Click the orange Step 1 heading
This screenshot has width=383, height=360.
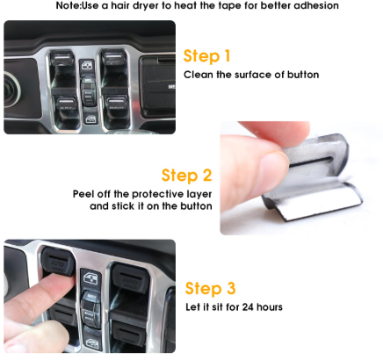pos(206,56)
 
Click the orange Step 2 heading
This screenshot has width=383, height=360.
pos(186,175)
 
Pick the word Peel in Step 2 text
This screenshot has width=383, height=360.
pos(84,193)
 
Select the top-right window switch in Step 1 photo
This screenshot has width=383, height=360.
pos(114,63)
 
